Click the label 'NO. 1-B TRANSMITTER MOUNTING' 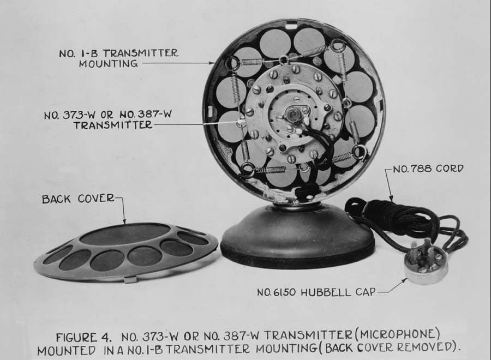click(118, 58)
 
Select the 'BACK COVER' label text click(78, 199)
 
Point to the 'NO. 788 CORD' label click(428, 169)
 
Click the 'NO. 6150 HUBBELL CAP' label click(316, 292)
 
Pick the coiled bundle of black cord click(398, 215)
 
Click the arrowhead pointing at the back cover click(124, 221)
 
